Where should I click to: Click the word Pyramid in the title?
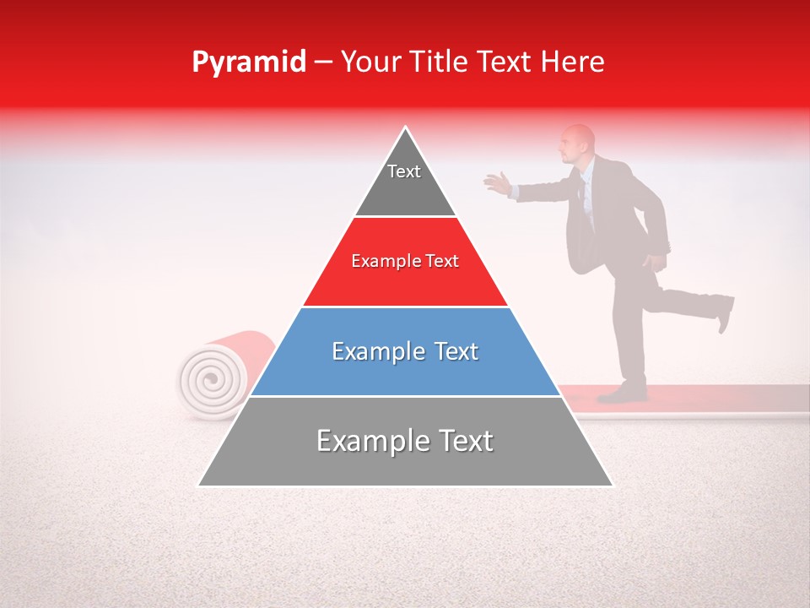pos(248,62)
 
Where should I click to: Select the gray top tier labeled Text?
pos(405,182)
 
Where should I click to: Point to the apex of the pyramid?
pos(406,128)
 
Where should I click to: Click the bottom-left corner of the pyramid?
pos(200,485)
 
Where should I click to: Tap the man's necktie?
pos(581,198)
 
